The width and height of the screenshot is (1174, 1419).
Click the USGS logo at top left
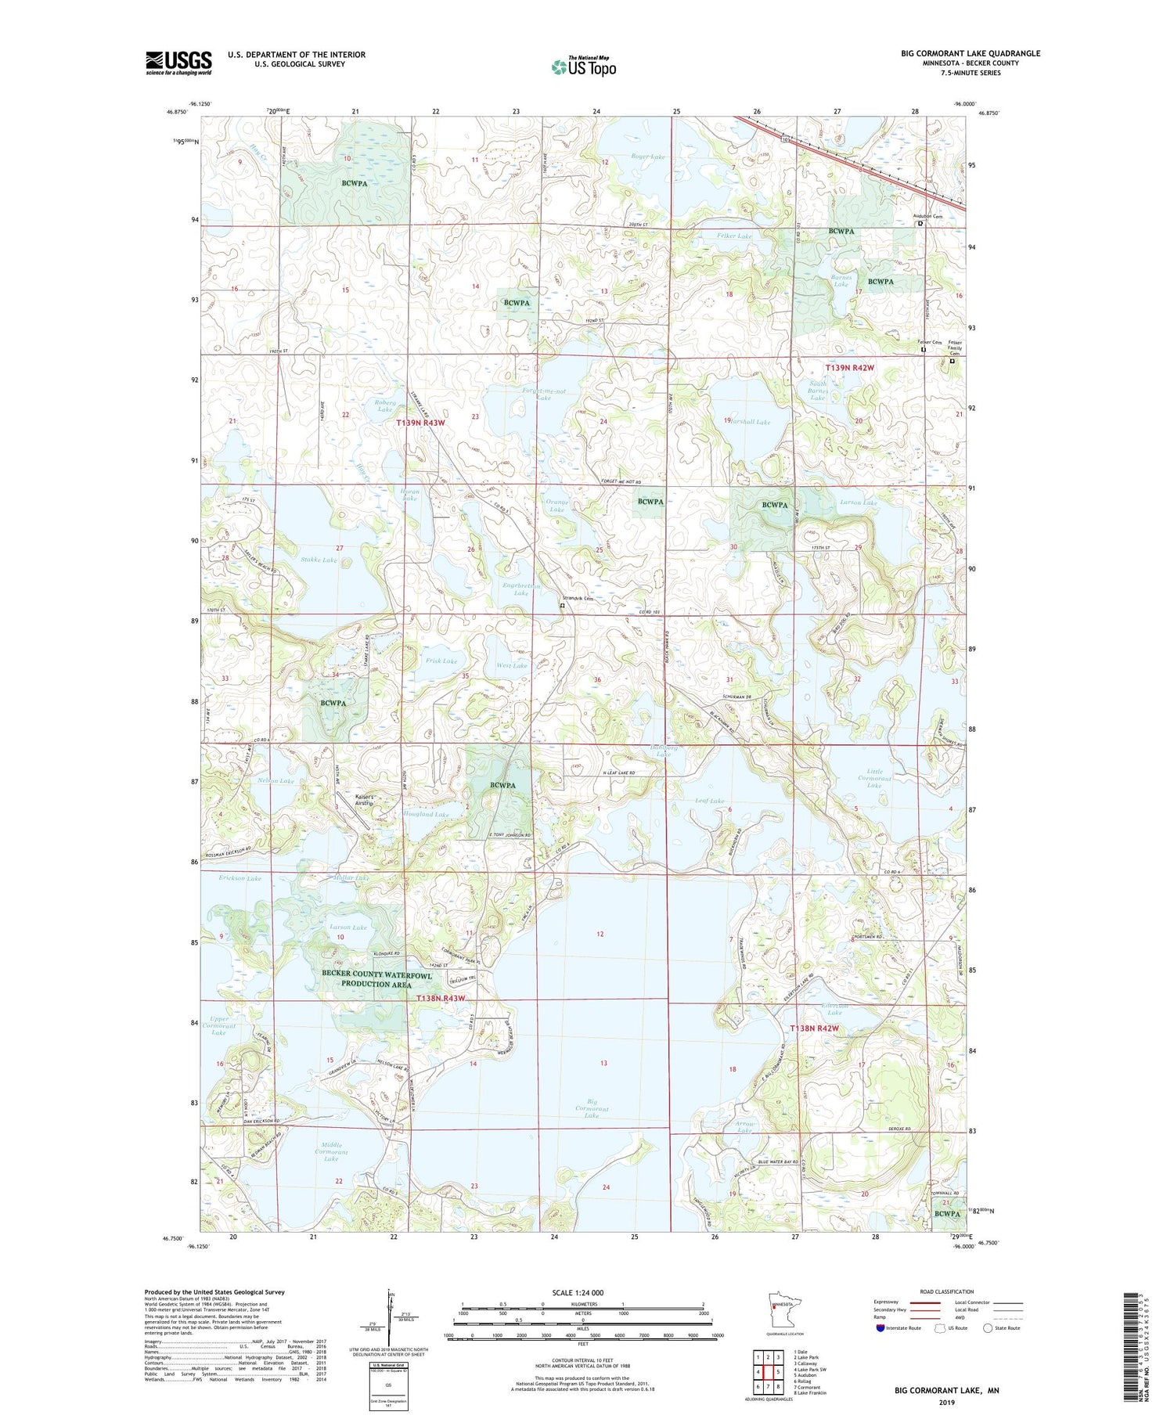178,63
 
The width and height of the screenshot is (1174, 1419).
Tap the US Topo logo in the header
584,67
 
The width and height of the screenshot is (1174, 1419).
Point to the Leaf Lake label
709,801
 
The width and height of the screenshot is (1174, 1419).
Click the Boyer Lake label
647,157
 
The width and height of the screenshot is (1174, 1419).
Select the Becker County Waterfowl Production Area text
376,979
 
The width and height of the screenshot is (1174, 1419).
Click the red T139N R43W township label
420,423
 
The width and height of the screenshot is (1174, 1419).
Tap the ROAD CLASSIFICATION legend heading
947,1291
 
